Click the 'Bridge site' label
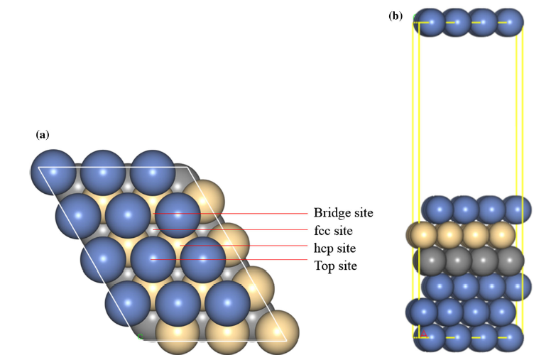tap(343, 213)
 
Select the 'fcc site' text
tap(333, 231)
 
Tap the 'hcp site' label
tap(334, 249)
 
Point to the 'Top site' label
tap(335, 266)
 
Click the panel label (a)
tap(43, 133)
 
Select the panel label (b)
tap(396, 15)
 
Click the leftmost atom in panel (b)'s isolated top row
tap(427, 22)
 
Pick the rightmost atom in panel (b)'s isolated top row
tap(508, 22)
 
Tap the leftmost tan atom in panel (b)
tap(422, 234)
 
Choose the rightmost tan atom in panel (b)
tap(502, 234)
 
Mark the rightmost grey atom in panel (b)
tap(509, 261)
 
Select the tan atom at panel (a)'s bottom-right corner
tap(276, 332)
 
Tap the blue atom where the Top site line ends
tap(153, 259)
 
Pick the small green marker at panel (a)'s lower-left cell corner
tap(140, 336)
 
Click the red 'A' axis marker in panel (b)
tap(424, 334)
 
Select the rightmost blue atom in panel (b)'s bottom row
tap(508, 337)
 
